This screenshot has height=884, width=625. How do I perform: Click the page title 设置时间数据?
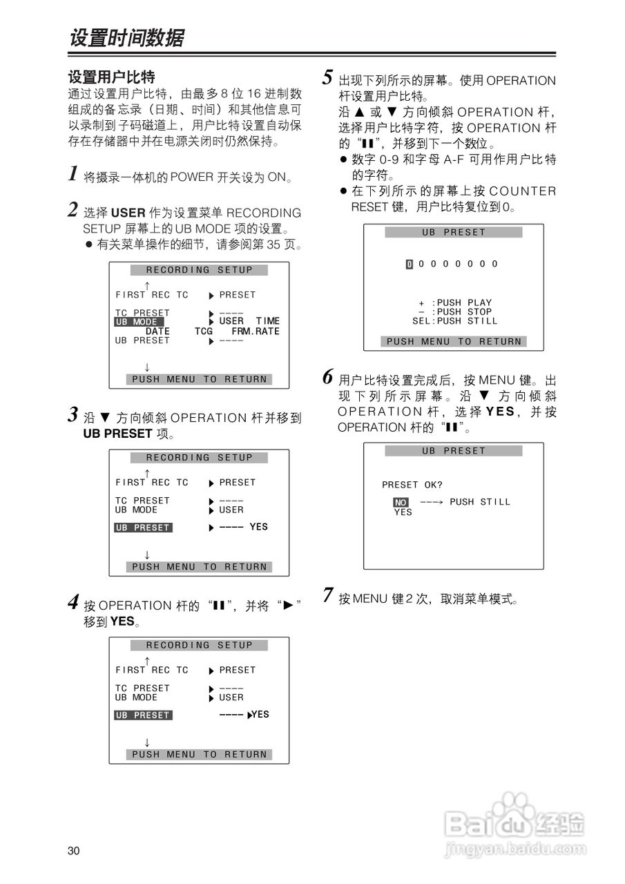126,38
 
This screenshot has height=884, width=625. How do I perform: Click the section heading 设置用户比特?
111,77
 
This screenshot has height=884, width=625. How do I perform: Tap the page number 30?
74,850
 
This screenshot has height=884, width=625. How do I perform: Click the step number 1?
73,173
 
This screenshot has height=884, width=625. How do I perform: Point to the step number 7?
328,595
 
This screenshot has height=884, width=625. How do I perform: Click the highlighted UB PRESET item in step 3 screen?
142,528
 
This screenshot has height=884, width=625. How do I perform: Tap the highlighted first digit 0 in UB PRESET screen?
409,264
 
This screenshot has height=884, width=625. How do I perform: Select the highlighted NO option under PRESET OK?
401,502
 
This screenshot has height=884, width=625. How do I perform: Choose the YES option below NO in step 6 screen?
403,512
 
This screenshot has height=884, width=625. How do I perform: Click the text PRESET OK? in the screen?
412,485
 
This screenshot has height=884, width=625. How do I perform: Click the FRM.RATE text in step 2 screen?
256,331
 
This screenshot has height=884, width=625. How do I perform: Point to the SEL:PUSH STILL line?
454,321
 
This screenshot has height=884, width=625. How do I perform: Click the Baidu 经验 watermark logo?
515,823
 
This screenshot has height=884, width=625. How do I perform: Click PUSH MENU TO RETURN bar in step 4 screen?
199,754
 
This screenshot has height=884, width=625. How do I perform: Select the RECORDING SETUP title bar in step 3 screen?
199,457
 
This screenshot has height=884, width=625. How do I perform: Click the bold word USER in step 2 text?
128,213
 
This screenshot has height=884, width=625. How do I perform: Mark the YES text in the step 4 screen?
260,714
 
